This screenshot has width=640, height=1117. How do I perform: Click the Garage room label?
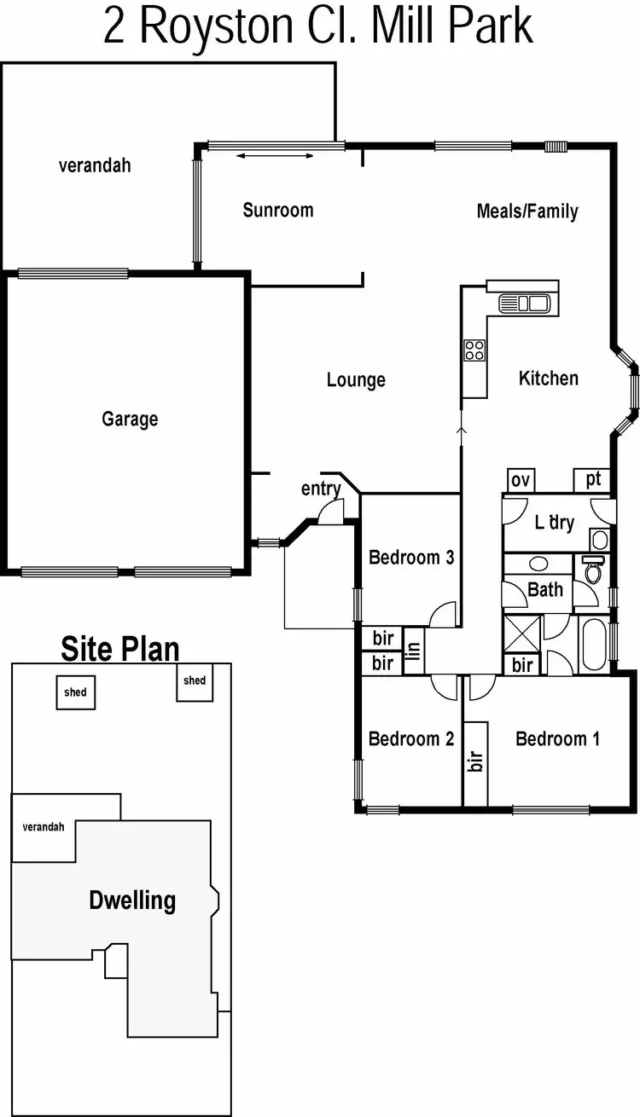click(x=130, y=419)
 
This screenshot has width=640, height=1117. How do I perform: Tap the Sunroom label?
click(x=278, y=210)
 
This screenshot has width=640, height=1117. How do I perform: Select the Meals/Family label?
click(x=527, y=211)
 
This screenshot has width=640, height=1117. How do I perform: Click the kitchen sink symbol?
click(x=524, y=303)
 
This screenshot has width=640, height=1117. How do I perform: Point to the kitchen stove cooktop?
click(x=474, y=350)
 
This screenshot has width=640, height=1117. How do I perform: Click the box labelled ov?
click(x=520, y=481)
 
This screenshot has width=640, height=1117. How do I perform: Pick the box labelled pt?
click(x=593, y=479)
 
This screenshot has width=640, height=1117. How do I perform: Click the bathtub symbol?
click(x=593, y=645)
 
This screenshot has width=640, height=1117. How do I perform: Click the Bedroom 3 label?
click(x=410, y=558)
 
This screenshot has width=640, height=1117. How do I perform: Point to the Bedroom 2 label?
click(x=410, y=738)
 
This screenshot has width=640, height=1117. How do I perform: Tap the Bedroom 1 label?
click(x=557, y=738)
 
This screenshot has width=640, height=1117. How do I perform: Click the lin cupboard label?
click(x=413, y=652)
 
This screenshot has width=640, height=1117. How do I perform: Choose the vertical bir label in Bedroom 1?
click(x=475, y=761)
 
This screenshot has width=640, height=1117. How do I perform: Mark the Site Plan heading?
click(x=119, y=649)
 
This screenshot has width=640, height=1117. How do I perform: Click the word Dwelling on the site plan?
click(x=132, y=900)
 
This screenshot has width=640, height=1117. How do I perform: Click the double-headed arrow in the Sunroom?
click(x=276, y=155)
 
